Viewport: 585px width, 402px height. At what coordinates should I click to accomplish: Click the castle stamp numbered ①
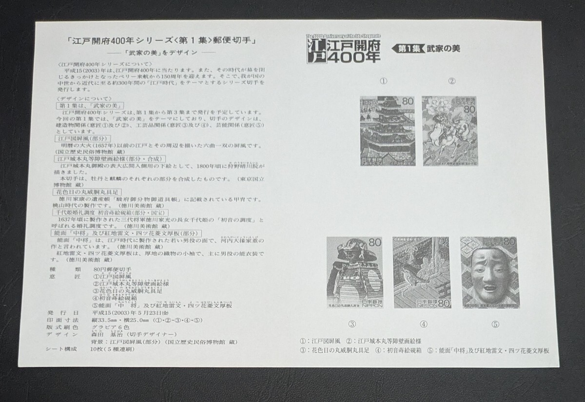pyautogui.click(x=387, y=131)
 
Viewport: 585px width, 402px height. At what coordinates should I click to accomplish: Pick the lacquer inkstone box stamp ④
pyautogui.click(x=415, y=272)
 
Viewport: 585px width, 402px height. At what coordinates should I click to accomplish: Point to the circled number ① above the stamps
pyautogui.click(x=384, y=81)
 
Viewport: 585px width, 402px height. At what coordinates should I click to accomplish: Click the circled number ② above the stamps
pyautogui.click(x=452, y=81)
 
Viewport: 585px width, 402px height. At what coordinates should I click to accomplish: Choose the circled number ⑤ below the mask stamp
pyautogui.click(x=495, y=324)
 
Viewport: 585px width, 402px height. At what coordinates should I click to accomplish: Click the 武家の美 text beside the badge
pyautogui.click(x=444, y=48)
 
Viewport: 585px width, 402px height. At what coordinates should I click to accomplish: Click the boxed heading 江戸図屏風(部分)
pyautogui.click(x=78, y=138)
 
